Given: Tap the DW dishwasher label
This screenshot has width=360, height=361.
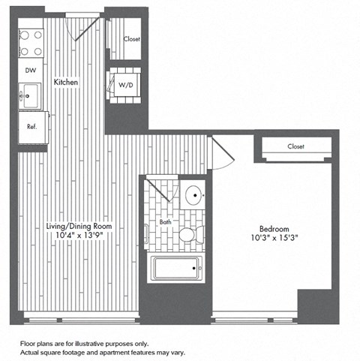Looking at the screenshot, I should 31,70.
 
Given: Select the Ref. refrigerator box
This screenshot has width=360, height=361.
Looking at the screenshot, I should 32,126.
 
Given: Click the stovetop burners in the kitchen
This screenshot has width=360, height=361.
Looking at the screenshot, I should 32,42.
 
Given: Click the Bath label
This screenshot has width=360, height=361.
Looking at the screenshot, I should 166,222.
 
